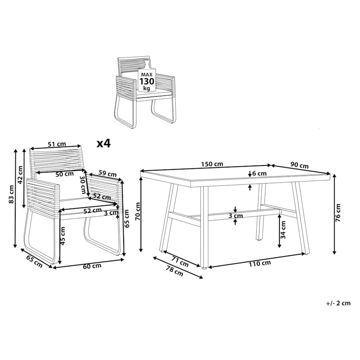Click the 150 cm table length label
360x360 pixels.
pyautogui.click(x=212, y=164)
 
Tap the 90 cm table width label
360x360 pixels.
pyautogui.click(x=299, y=165)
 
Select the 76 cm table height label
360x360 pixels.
pyautogui.click(x=338, y=212)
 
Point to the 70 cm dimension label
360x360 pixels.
pyautogui.click(x=138, y=211)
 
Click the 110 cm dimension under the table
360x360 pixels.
pyautogui.click(x=260, y=264)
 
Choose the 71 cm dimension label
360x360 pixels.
pyautogui.click(x=180, y=261)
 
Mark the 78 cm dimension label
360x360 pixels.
pyautogui.click(x=175, y=271)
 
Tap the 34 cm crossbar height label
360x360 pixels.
pyautogui.click(x=283, y=230)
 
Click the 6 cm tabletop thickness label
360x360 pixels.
pyautogui.click(x=259, y=173)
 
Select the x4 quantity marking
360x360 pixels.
pyautogui.click(x=104, y=143)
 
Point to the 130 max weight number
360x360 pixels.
pyautogui.click(x=147, y=81)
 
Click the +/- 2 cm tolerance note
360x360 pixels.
pyautogui.click(x=338, y=303)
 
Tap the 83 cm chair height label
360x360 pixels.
pyautogui.click(x=11, y=194)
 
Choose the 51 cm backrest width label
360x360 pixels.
pyautogui.click(x=57, y=144)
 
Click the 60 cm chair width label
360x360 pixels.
pyautogui.click(x=92, y=266)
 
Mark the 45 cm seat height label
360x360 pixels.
pyautogui.click(x=63, y=236)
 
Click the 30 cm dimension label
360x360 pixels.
pyautogui.click(x=83, y=184)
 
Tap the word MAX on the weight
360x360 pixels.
pyautogui.click(x=147, y=75)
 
